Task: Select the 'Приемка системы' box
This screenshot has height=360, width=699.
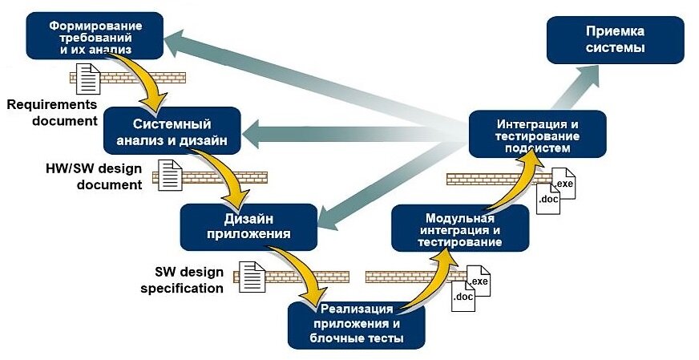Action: [615, 40]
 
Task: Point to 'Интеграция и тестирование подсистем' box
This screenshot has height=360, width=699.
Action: [538, 136]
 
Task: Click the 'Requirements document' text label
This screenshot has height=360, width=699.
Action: [51, 112]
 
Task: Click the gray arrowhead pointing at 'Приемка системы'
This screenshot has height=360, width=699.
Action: [601, 74]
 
